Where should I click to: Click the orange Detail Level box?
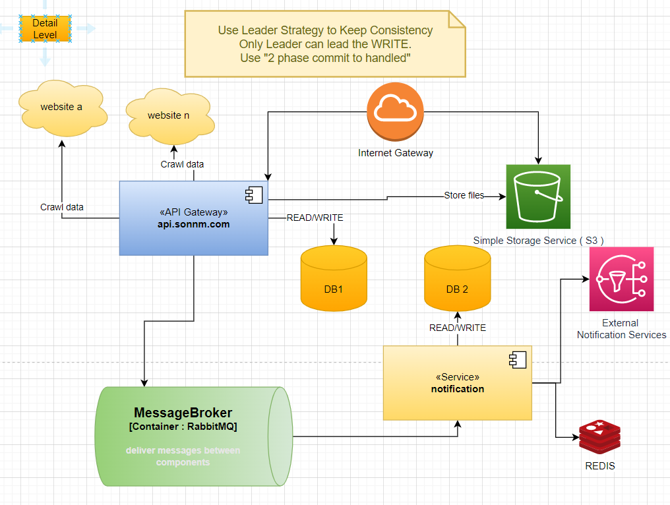[45, 29]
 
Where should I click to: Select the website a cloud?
[62, 107]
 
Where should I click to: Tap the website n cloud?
[168, 115]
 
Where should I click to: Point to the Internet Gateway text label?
[396, 153]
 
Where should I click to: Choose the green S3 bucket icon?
[537, 196]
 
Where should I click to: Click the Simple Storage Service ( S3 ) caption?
[538, 241]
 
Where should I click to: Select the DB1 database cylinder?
[334, 280]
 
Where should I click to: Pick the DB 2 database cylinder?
[458, 280]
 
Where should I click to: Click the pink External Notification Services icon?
[621, 279]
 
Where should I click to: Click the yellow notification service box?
[457, 383]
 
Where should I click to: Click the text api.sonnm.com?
[193, 225]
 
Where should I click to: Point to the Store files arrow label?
[464, 195]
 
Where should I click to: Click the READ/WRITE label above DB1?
[315, 218]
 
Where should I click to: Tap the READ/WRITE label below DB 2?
[457, 328]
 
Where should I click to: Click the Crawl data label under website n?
[182, 164]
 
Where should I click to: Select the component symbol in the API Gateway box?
[255, 194]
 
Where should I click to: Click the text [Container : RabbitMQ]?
[183, 427]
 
